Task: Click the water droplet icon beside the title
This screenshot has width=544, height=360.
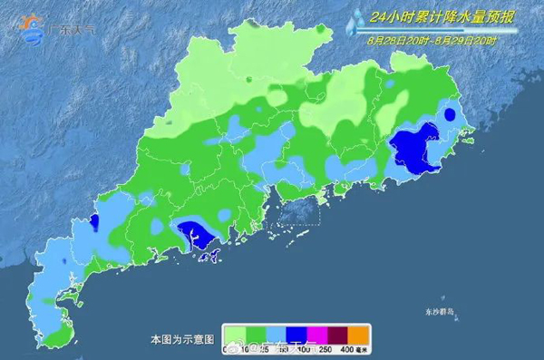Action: [356, 20]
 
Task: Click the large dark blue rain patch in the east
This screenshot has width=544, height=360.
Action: [413, 148]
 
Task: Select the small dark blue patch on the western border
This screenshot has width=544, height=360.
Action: [94, 223]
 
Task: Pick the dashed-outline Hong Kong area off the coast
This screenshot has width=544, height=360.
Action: [296, 211]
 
